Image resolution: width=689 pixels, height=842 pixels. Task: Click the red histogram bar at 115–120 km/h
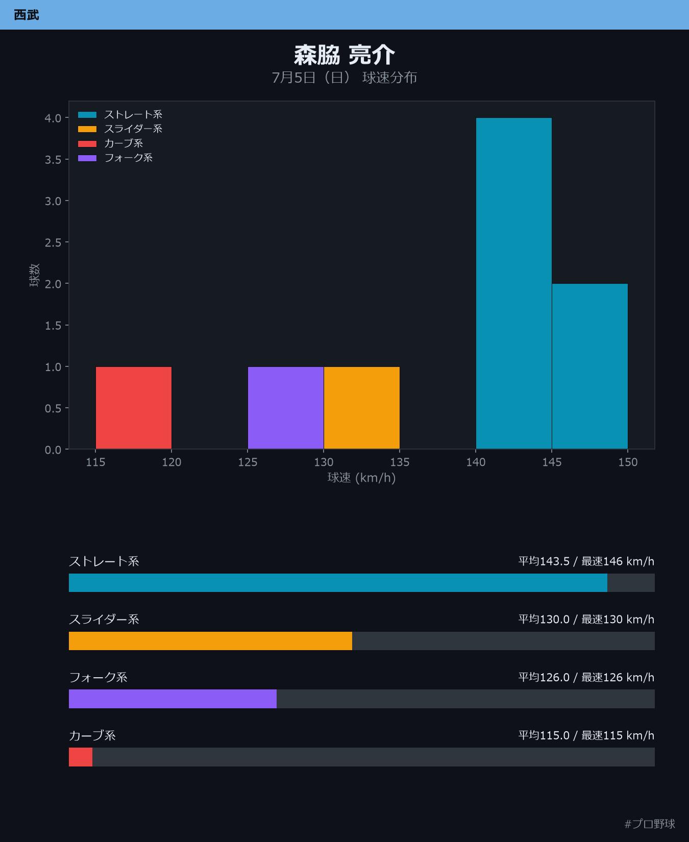[134, 408]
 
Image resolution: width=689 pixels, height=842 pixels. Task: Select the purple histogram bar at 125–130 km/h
[286, 408]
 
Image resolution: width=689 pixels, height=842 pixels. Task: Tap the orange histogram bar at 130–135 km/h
[362, 408]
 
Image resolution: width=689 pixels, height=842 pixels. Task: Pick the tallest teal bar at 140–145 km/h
[514, 283]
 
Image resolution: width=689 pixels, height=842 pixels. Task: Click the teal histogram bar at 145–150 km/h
[590, 366]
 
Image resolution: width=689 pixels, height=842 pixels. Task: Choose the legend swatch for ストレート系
[87, 115]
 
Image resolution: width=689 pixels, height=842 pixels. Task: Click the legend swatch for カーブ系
[87, 144]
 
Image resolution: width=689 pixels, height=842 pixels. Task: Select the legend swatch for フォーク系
[87, 158]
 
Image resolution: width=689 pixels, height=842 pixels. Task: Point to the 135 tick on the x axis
[400, 462]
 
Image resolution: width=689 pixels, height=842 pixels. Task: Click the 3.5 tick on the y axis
[53, 160]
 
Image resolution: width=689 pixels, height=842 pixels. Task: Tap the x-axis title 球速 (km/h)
[362, 478]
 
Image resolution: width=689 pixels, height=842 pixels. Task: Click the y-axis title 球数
[34, 275]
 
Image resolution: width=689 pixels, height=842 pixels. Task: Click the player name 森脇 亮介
[344, 55]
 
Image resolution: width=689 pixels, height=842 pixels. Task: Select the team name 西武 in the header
[27, 15]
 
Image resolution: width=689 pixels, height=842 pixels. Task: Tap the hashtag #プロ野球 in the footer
[650, 824]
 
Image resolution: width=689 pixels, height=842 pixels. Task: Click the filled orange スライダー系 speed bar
[210, 641]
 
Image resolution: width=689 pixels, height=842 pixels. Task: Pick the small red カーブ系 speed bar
[81, 757]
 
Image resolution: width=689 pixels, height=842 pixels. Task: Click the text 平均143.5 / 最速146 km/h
[586, 561]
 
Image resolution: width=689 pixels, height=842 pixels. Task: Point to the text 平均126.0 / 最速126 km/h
[586, 677]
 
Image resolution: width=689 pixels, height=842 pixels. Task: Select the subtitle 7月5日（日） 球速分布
[344, 78]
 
